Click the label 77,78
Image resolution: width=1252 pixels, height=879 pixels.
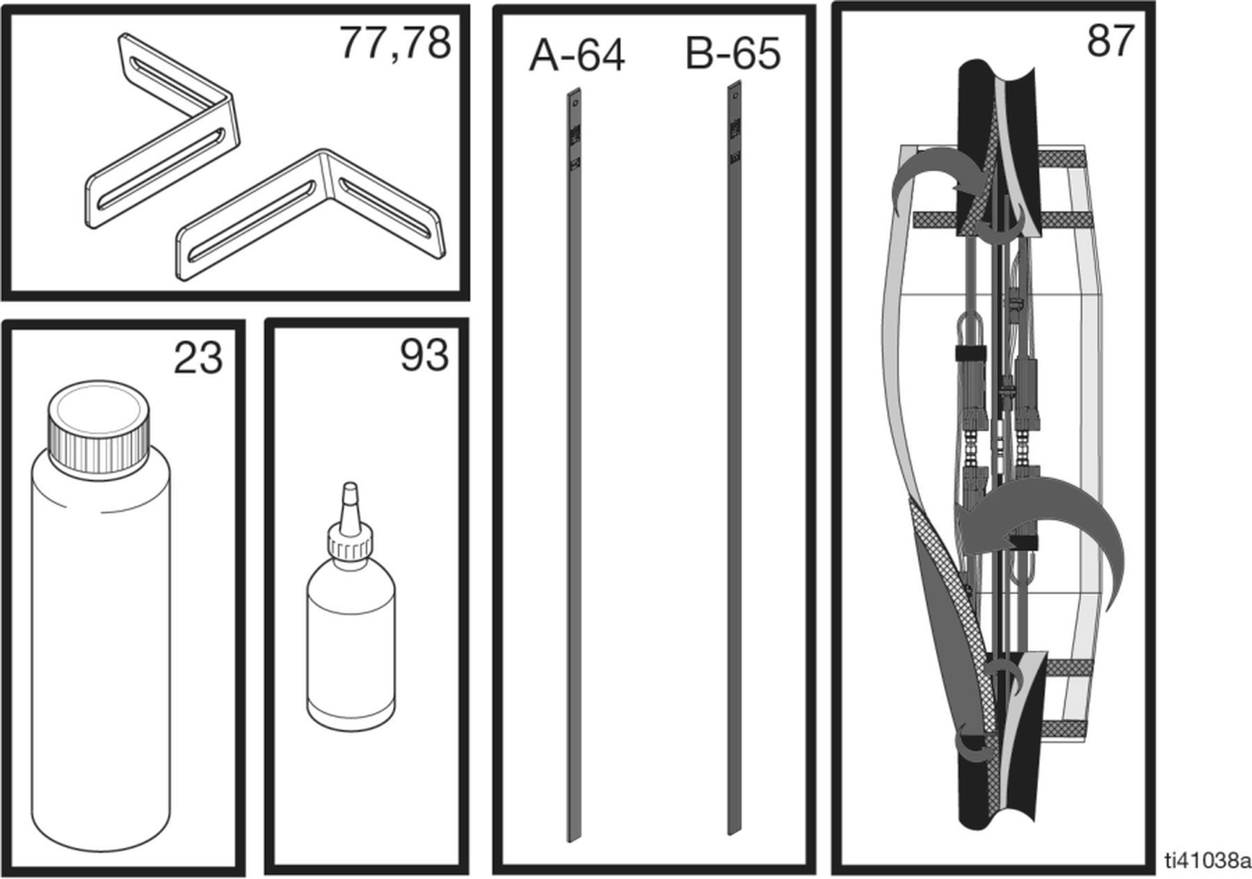pos(395,43)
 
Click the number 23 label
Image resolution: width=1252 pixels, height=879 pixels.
pos(198,358)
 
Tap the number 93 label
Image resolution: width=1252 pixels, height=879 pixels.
pos(424,355)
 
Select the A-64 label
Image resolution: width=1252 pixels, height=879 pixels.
pos(577,56)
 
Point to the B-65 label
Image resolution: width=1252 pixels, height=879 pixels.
pos(733,54)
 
